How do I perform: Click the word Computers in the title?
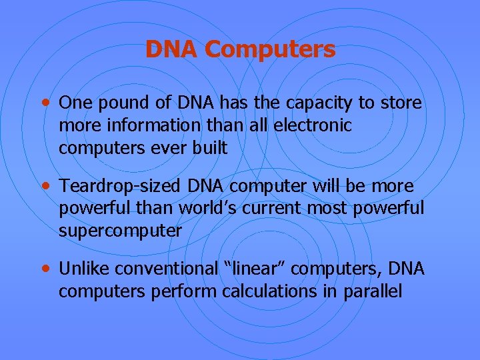point(271,49)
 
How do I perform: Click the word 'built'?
point(209,148)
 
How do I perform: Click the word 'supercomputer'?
point(120,231)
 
